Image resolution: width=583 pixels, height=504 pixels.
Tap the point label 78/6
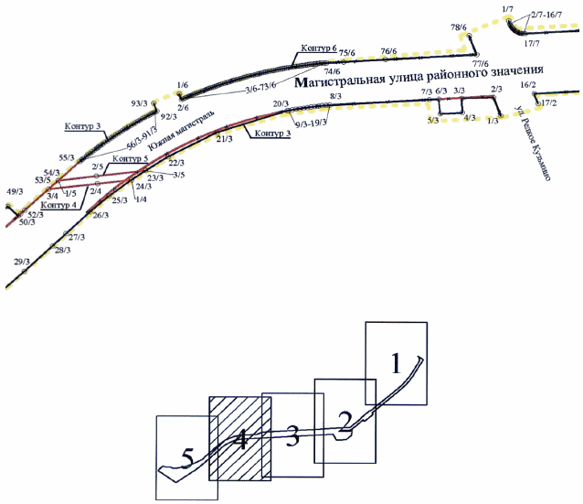tap(459, 27)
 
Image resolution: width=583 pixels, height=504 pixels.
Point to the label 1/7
tap(508, 8)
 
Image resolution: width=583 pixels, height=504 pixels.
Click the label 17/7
tap(533, 43)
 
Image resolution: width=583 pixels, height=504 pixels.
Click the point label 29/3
tap(23, 262)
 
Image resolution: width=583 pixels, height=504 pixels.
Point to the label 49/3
tap(14, 192)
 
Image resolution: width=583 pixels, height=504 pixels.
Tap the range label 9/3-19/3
tap(305, 122)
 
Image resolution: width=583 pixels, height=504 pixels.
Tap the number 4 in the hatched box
tap(240, 443)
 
